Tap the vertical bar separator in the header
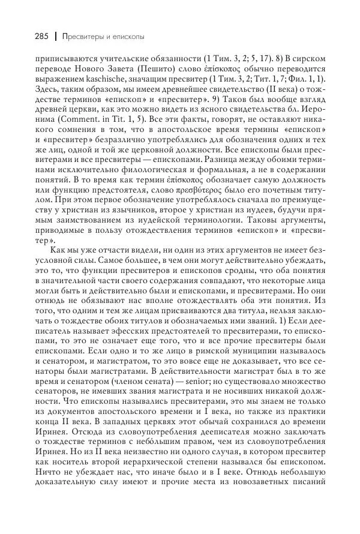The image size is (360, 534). click(x=55, y=37)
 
